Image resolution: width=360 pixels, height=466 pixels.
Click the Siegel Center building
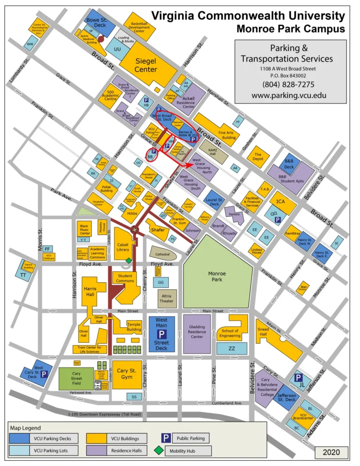click(145, 66)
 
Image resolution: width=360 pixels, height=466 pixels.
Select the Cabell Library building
click(123, 241)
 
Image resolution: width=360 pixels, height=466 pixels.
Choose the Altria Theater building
click(167, 299)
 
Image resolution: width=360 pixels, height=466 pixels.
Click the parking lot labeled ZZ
click(232, 348)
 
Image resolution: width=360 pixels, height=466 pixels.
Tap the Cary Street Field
click(75, 378)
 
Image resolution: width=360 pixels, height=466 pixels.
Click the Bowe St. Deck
click(100, 22)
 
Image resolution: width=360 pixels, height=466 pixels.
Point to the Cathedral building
click(163, 254)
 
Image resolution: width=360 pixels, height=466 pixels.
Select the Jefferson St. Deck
click(285, 397)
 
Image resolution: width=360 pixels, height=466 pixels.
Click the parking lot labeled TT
click(23, 275)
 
